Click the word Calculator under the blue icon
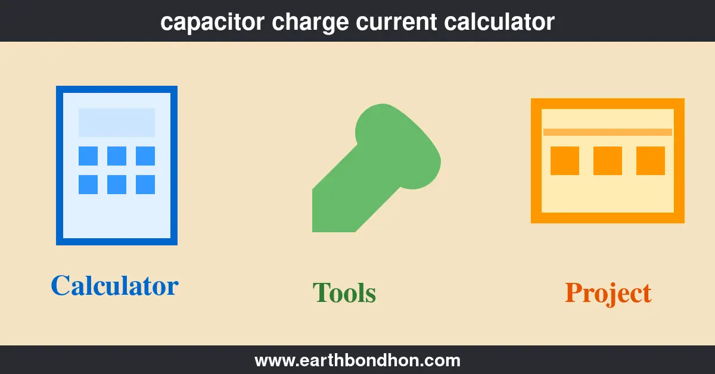click(114, 285)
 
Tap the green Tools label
click(344, 293)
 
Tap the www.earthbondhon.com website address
click(357, 360)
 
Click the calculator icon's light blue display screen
click(117, 123)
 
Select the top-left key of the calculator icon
click(88, 156)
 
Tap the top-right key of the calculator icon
click(145, 156)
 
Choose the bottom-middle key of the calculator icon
click(117, 185)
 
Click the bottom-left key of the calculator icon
click(88, 185)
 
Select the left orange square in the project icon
click(565, 161)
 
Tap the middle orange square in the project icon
click(608, 161)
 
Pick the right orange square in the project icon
click(651, 161)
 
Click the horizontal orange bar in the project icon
click(608, 132)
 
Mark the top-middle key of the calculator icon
click(117, 156)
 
